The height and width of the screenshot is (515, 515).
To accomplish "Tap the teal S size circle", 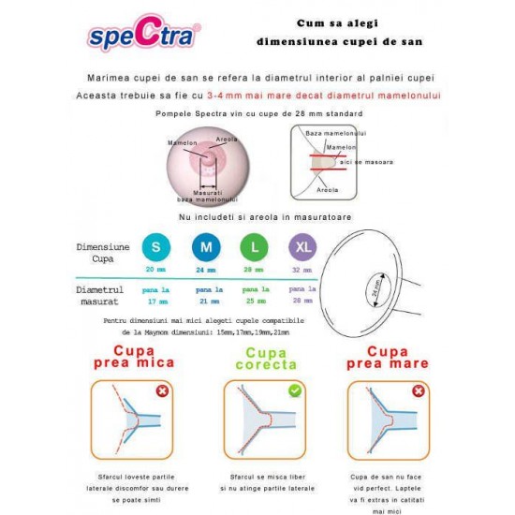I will (155, 247).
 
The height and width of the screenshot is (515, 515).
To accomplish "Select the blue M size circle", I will (205, 247).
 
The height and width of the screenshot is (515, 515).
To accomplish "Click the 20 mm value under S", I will (155, 269).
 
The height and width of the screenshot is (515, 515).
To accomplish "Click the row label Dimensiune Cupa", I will (103, 252).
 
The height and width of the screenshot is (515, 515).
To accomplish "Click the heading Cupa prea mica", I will (130, 357).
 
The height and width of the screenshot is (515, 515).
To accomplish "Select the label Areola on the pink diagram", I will (226, 139).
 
